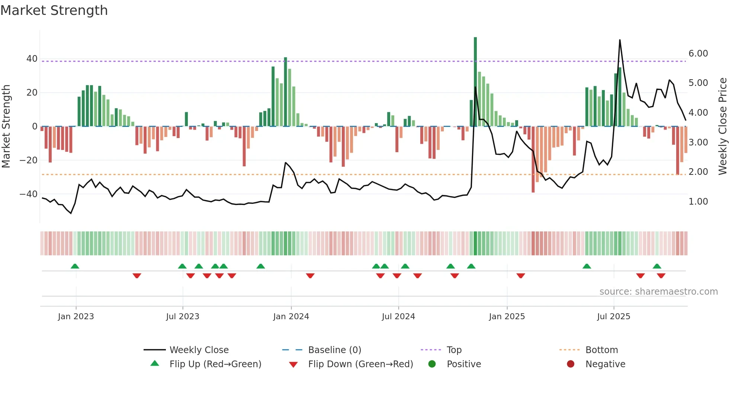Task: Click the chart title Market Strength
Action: point(54,10)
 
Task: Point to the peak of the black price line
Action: point(620,40)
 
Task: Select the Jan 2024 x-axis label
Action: point(291,317)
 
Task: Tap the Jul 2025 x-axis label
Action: point(614,317)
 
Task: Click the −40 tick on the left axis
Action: point(29,194)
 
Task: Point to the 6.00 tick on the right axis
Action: point(698,54)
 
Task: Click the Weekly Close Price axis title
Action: point(722,126)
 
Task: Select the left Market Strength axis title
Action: point(6,126)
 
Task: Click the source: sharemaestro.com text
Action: point(658,292)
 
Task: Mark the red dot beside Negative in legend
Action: point(571,364)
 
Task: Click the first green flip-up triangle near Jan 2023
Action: point(75,266)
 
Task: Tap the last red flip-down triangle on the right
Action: point(661,276)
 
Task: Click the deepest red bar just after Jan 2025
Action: point(533,160)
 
